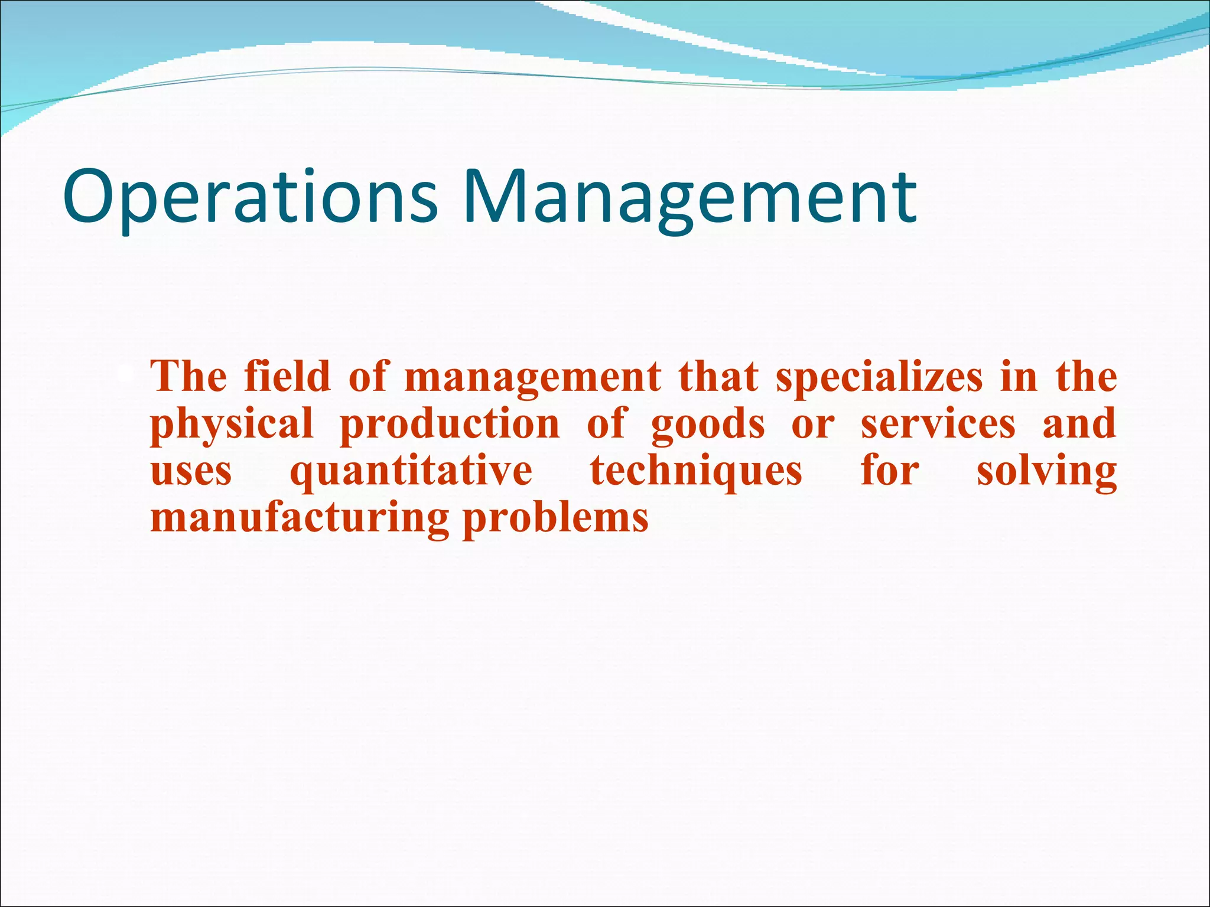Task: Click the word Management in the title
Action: point(689,197)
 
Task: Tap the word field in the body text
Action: point(287,376)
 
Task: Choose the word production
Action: point(450,424)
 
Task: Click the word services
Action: point(938,424)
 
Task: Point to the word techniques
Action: point(696,471)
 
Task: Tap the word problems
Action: point(555,518)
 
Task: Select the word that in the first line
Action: point(718,376)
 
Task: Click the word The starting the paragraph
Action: point(188,376)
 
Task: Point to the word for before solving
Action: point(890,471)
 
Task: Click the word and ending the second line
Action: point(1079,424)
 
